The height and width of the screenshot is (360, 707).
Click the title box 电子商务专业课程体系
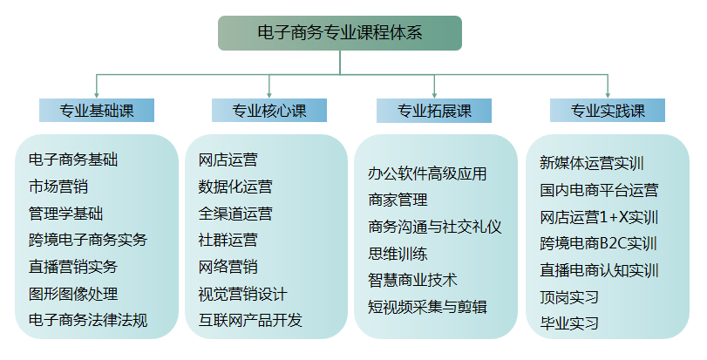coord(339,33)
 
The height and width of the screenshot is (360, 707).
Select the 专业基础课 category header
coord(97,111)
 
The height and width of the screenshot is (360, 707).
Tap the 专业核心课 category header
coord(269,111)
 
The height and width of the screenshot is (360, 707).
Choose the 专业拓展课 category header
coord(434,111)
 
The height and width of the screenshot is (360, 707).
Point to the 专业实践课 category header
coord(608,111)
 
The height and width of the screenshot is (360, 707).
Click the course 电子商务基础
coord(73,160)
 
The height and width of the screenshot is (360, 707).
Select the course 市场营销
coord(58,187)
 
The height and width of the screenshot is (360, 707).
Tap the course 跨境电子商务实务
coord(88,240)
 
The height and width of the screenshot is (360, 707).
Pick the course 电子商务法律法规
coord(88,320)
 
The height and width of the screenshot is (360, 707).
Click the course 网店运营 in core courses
coord(228,160)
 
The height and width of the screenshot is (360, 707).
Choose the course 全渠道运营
coord(235,214)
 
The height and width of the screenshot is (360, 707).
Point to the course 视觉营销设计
coord(242,294)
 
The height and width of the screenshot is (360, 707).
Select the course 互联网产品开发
coord(250,320)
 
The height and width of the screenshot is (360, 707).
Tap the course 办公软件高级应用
coord(428,173)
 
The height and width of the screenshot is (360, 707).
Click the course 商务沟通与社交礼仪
coord(435,227)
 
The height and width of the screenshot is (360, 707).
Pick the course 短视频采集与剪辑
coord(428,306)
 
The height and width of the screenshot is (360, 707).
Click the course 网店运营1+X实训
coord(599,216)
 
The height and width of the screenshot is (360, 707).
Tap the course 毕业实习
coord(570,323)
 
